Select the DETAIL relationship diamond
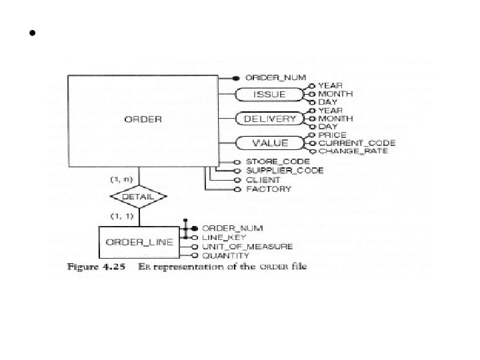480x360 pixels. (x=138, y=197)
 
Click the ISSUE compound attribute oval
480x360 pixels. (x=269, y=95)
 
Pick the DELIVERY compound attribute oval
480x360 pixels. (x=269, y=119)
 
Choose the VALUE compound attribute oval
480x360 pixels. (x=269, y=142)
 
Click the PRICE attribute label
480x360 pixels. (x=332, y=134)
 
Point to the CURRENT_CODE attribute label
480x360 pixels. (x=357, y=143)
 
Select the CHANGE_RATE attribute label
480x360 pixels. (x=352, y=151)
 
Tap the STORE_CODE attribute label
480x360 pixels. (x=278, y=161)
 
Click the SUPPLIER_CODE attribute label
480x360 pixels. (x=285, y=171)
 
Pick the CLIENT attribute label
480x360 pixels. (x=263, y=180)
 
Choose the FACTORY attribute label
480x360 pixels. (x=268, y=189)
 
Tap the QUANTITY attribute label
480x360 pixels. (x=225, y=255)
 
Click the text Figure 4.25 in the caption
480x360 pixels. (x=92, y=266)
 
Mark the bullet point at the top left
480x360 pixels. (x=31, y=33)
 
